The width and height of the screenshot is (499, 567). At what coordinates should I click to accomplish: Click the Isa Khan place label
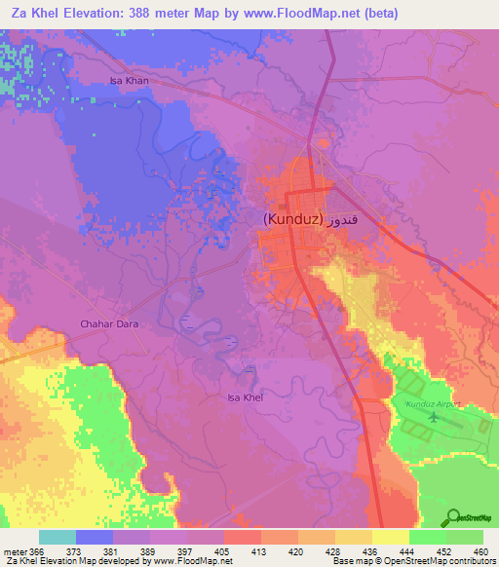coord(129,81)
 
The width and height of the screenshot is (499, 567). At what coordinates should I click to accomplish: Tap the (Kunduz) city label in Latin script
coord(292,219)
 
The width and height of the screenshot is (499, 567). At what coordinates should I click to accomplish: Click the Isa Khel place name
coord(245,397)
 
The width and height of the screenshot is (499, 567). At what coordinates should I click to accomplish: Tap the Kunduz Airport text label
coord(425,402)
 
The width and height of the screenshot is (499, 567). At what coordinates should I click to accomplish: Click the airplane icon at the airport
coord(433,418)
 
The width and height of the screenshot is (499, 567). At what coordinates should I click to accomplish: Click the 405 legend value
coord(223,550)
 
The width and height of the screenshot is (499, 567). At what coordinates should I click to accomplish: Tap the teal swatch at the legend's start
coord(58,537)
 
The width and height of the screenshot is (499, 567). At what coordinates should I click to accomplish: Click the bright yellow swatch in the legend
coord(391,537)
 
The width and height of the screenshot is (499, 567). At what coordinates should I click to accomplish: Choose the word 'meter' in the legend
coord(15,550)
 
